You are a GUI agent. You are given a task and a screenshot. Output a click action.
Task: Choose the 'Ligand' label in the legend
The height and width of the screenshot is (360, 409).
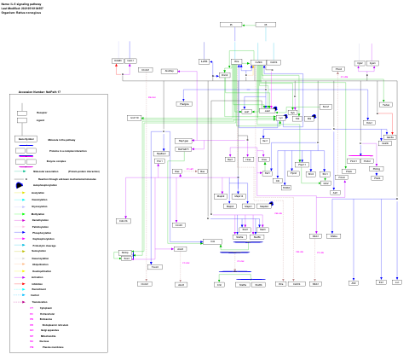[x=41, y=121]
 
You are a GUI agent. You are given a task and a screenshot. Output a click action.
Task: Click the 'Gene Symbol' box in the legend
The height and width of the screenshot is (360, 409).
[x=25, y=138]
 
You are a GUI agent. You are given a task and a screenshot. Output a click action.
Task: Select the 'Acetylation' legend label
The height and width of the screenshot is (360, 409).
[x=37, y=193]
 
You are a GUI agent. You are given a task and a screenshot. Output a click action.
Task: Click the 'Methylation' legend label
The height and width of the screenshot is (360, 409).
[x=37, y=213]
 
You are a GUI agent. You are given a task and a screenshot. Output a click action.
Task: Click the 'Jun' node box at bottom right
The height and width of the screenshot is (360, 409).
[x=397, y=282]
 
